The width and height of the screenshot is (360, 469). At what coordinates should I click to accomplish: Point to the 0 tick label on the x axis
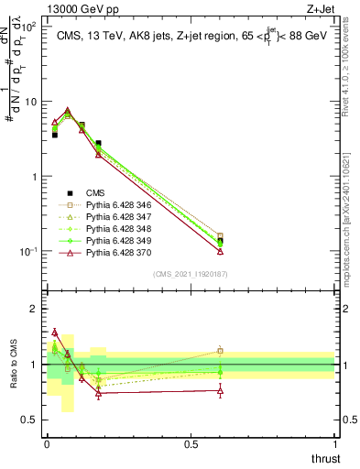coord(46,443)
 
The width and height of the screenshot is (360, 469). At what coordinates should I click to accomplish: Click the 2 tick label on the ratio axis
coord(34,309)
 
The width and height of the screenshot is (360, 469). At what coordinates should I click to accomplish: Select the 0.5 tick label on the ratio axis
coord(30,420)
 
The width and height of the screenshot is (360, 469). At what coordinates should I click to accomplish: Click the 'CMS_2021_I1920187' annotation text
coord(190,274)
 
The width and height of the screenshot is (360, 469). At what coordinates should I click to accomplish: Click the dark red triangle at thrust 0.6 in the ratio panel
coord(220,390)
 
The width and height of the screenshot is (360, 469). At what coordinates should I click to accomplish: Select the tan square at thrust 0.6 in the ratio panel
coord(220,350)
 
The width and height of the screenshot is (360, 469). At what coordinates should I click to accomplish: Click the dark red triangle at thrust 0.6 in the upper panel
coord(220,250)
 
